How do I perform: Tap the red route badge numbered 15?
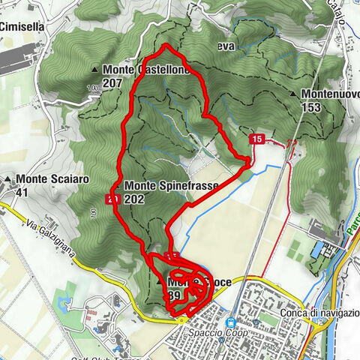pos(257,139)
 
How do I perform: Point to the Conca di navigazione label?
pos(313,314)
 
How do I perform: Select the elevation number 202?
pos(136,199)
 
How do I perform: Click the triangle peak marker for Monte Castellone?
pos(95,70)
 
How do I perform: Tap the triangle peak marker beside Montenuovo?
pos(292,94)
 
